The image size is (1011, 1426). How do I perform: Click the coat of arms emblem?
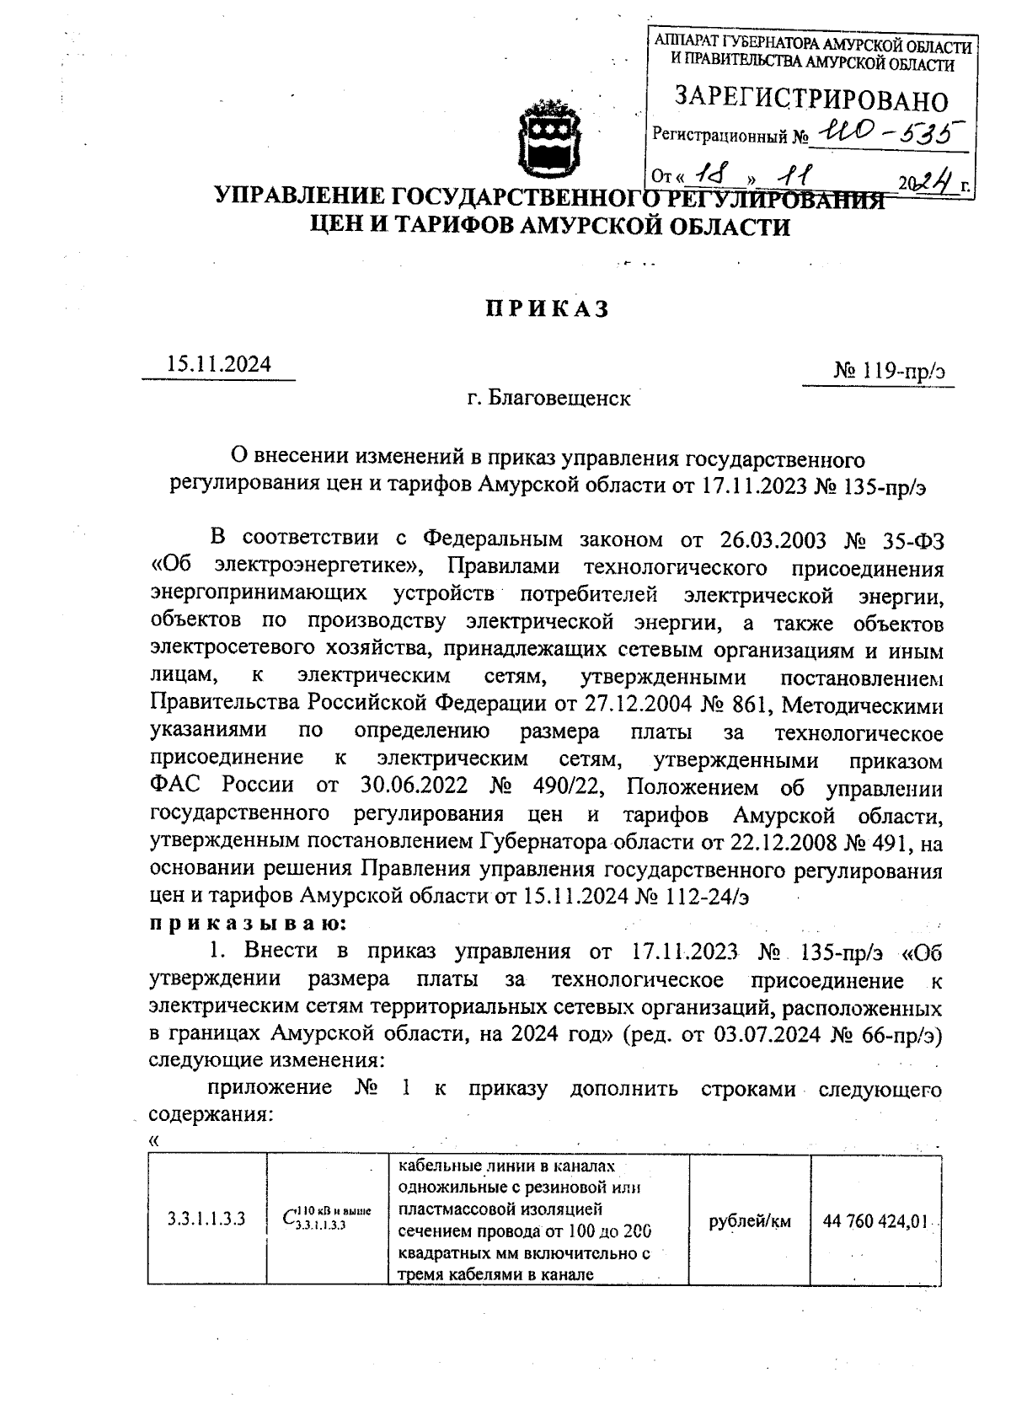[x=548, y=137]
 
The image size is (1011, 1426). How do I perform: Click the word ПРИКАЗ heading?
[x=545, y=310]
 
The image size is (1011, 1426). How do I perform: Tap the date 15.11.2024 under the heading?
[x=219, y=364]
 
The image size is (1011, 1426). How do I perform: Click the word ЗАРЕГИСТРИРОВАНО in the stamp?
[x=810, y=100]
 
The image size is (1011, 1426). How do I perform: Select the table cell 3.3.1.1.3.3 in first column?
[x=206, y=1218]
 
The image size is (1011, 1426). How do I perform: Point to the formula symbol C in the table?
[x=289, y=1219]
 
